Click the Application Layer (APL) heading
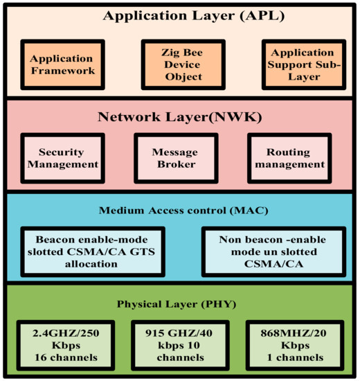click(x=180, y=15)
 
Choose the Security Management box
click(x=61, y=158)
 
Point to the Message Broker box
click(x=175, y=158)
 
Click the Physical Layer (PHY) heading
click(x=180, y=302)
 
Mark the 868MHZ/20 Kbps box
click(x=291, y=344)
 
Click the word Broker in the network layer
click(x=175, y=165)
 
